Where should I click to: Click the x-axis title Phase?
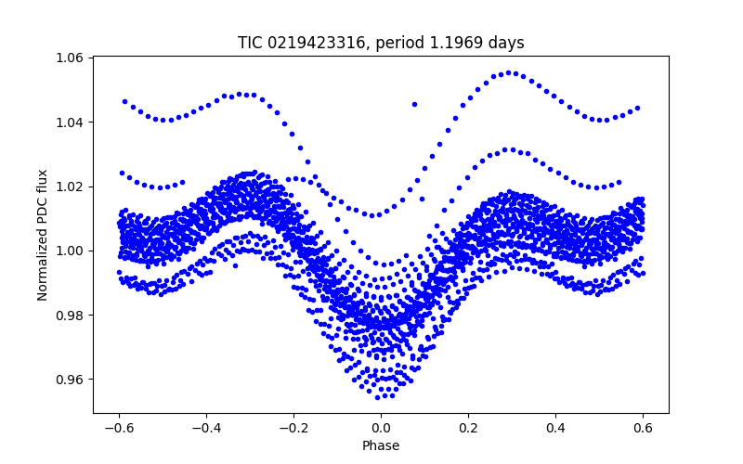pos(381,445)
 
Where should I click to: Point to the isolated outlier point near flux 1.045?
pos(414,104)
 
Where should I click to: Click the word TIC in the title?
pos(250,43)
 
